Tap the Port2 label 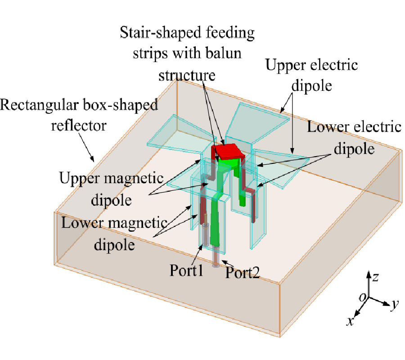click(x=243, y=272)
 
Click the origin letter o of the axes click(x=362, y=297)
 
